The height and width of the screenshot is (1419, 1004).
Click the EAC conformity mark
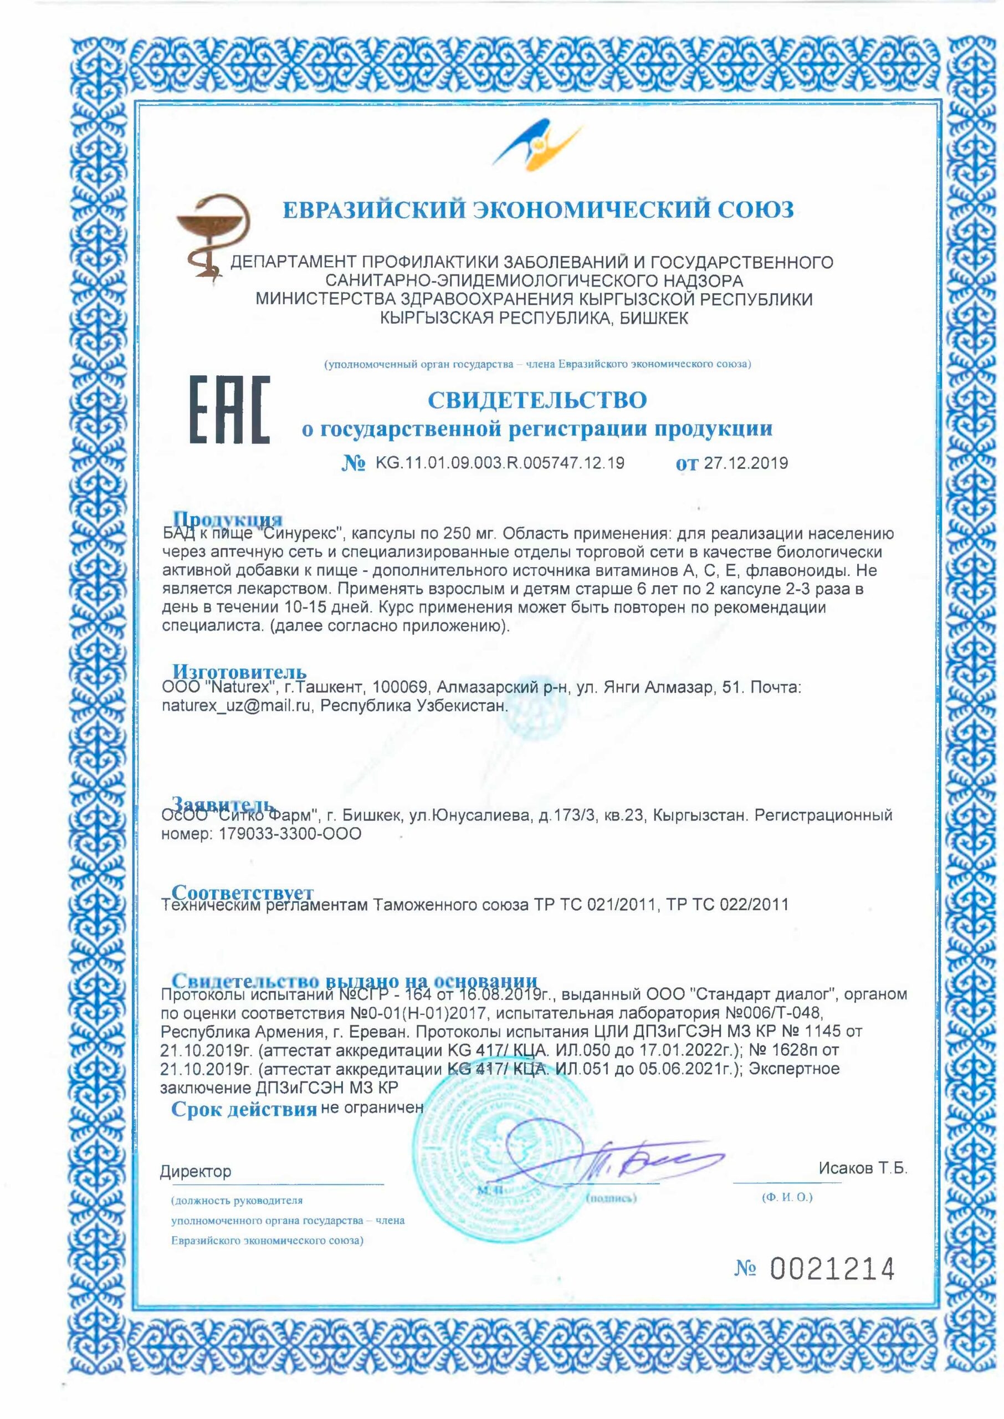click(x=229, y=410)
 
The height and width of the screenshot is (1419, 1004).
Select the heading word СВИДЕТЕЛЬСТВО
click(x=537, y=400)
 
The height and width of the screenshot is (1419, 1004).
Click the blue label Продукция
click(x=227, y=519)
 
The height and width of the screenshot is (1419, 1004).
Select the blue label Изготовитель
click(x=239, y=671)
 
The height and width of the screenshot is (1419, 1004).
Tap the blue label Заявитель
click(x=223, y=804)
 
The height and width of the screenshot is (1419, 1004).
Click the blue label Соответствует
click(x=242, y=893)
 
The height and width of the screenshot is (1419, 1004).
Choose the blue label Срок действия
click(x=244, y=1109)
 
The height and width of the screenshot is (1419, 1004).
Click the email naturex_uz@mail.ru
click(x=235, y=706)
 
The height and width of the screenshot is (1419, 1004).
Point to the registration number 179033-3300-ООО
click(x=290, y=834)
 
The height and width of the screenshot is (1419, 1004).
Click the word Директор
click(x=196, y=1171)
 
